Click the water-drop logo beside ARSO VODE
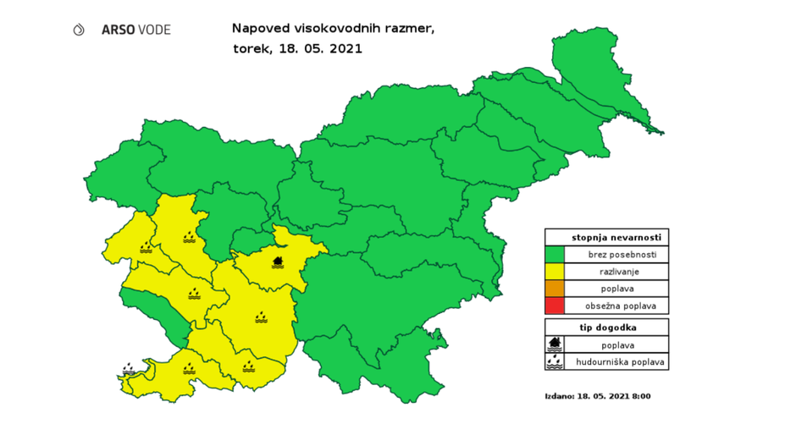tap(80, 30)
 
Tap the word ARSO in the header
tap(115, 30)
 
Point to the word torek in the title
tap(251, 48)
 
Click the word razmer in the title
tap(410, 29)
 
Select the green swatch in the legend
tap(555, 254)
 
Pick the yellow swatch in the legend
tap(555, 271)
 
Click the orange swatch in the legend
tap(555, 289)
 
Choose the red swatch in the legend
tap(555, 306)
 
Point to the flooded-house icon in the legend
tap(556, 344)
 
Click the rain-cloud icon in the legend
tap(556, 361)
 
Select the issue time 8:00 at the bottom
tap(641, 395)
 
